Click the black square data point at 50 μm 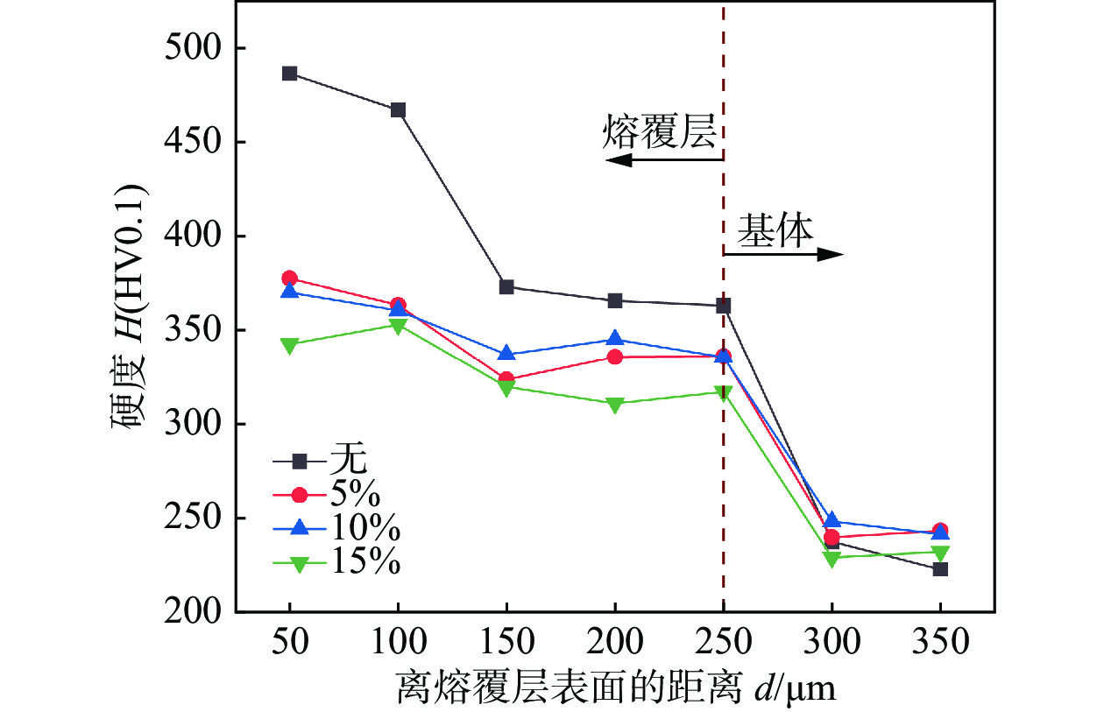click(x=289, y=74)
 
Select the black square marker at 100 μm click(x=398, y=110)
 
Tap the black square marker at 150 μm click(x=506, y=287)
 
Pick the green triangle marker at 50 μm click(x=289, y=345)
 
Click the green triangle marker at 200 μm click(x=614, y=405)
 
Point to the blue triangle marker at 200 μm click(x=614, y=339)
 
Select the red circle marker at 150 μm click(x=506, y=380)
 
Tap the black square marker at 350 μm click(x=940, y=569)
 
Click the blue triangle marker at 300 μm click(x=832, y=521)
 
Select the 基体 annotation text click(x=775, y=230)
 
